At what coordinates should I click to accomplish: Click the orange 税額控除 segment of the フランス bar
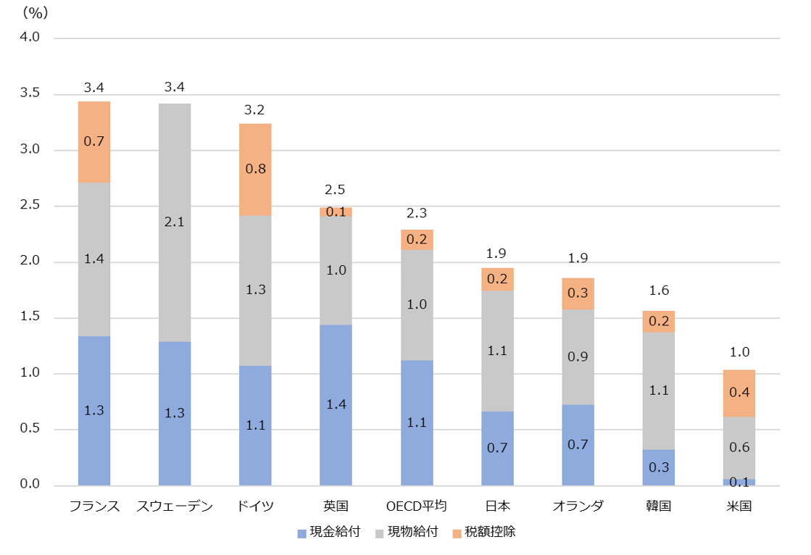tap(94, 142)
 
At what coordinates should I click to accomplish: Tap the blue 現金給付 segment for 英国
tap(336, 405)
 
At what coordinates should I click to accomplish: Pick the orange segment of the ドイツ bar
tap(255, 170)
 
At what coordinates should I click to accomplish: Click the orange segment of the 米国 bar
tap(739, 393)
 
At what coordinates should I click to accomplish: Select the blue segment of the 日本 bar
tap(497, 448)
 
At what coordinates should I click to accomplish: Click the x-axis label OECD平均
tap(416, 506)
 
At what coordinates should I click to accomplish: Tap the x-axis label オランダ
tap(578, 506)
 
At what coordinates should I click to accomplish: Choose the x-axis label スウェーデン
tap(175, 506)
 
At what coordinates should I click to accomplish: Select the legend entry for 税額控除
tap(484, 533)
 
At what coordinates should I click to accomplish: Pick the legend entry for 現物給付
tap(407, 533)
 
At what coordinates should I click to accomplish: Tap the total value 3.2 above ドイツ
tap(255, 111)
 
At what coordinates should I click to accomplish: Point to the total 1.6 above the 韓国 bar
tap(658, 291)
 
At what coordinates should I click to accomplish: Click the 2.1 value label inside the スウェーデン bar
tap(175, 222)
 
